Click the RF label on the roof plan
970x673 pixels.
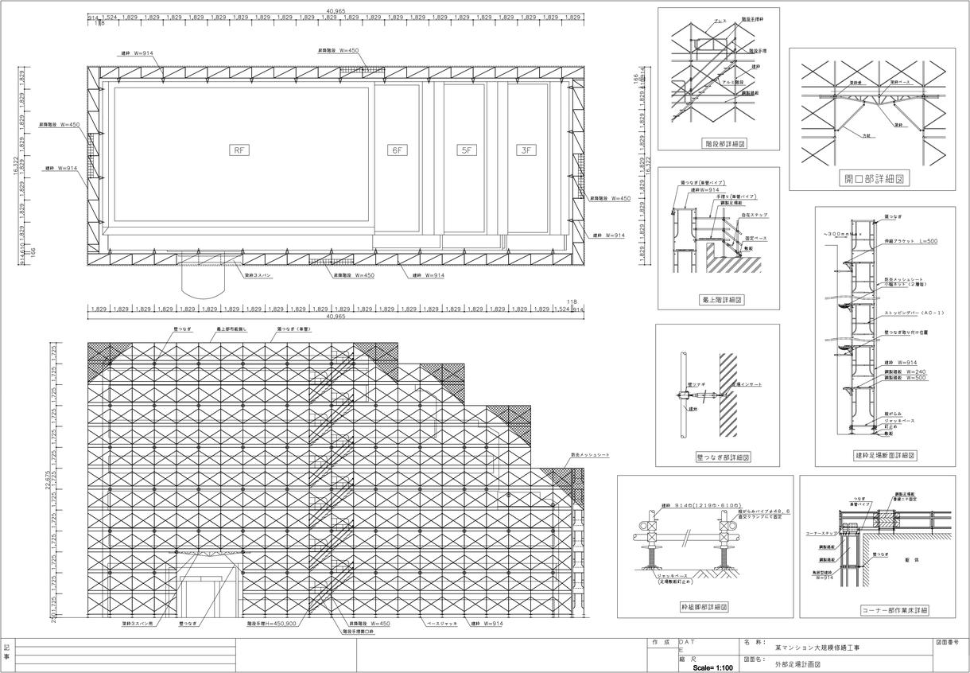coord(239,150)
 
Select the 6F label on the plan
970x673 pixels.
coord(397,150)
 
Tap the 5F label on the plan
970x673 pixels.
coord(465,150)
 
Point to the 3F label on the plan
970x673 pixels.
coord(524,150)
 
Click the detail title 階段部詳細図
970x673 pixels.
coord(718,144)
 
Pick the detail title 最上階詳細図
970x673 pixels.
coord(717,300)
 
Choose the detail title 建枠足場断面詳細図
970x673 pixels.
coord(885,456)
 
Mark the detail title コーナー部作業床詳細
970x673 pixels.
coord(894,610)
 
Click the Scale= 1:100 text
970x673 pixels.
coord(713,667)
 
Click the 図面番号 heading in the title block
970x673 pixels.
coord(951,641)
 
